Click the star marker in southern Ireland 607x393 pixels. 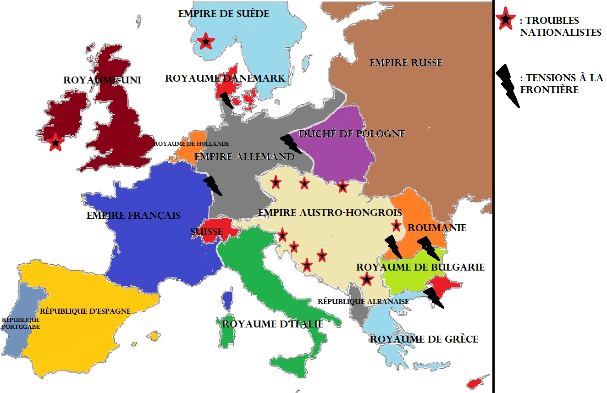pos(55,143)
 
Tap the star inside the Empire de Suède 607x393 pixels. pos(206,42)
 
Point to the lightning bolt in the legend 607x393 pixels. pos(508,85)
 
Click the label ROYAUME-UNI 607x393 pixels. pos(102,80)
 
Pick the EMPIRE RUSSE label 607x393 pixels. pos(406,63)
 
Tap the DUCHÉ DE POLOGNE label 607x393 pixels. pos(352,134)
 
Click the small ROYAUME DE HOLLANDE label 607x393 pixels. pos(192,144)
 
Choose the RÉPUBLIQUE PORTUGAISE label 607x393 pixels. pos(21,323)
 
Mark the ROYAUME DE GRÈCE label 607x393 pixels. pos(424,339)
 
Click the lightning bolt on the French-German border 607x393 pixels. pos(212,185)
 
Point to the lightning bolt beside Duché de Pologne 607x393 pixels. pos(290,144)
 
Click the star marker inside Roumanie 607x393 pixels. pos(396,226)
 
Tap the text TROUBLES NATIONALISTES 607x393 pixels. pos(561,27)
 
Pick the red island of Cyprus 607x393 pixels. pos(474,382)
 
